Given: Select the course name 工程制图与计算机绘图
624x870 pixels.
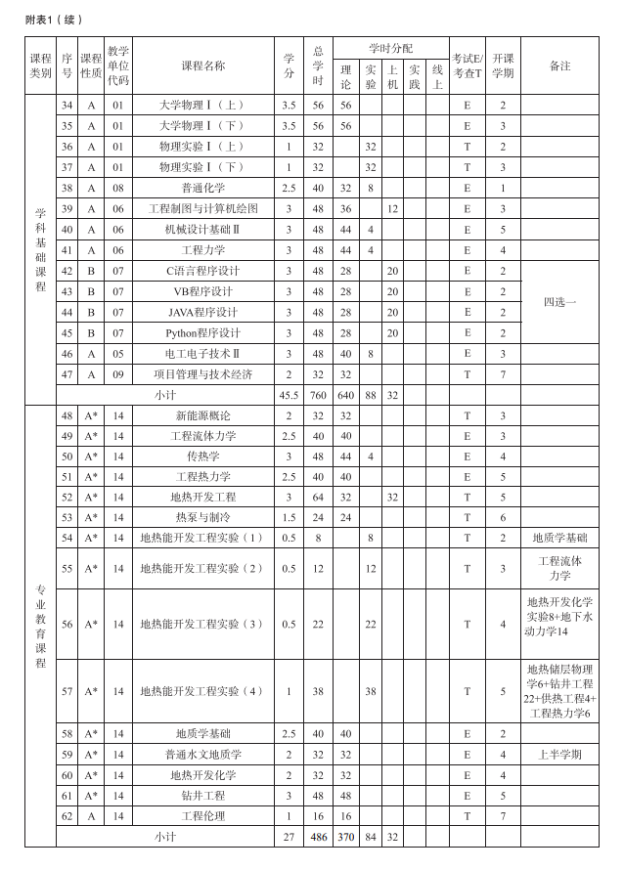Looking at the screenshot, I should click(202, 208).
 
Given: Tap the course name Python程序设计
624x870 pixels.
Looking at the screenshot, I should click(202, 332).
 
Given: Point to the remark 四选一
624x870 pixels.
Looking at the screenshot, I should click(559, 302).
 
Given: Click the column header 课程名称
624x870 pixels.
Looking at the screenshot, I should click(202, 65).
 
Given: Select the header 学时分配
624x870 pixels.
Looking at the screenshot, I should click(390, 48).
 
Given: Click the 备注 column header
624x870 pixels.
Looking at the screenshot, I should click(559, 65).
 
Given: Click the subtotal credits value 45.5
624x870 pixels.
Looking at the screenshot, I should click(289, 395).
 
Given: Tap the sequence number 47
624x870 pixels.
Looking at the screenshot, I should click(67, 373).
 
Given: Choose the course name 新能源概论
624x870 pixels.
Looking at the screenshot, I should click(202, 415).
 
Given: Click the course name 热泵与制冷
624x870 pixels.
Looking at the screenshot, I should click(202, 517).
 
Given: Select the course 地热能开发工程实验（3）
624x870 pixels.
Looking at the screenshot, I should click(202, 624).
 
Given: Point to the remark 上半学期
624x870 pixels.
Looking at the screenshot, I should click(559, 754).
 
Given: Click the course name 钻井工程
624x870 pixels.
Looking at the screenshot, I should click(202, 795).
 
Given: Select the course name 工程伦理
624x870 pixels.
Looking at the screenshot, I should click(202, 815).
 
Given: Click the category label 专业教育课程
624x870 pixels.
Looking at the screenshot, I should click(40, 626).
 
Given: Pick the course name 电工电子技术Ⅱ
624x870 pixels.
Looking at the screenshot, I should click(202, 353).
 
